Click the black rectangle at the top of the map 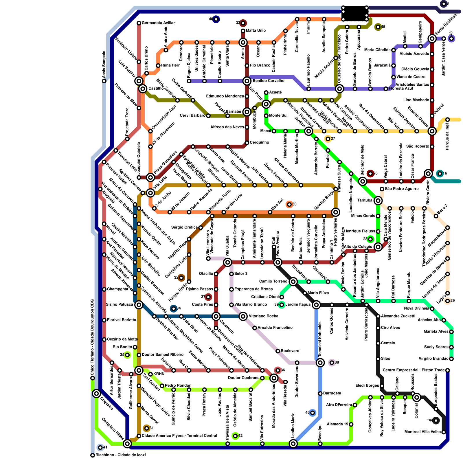355,13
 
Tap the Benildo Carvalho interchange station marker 247,81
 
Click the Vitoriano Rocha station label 263,316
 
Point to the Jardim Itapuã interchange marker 316,305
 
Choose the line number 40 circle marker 216,19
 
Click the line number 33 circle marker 243,23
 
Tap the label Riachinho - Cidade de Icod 120,455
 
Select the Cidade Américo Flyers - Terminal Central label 179,436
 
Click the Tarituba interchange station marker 378,201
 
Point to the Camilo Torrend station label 273,281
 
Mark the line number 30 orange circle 289,205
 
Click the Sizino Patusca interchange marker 139,305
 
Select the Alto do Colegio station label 358,247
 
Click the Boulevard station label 290,351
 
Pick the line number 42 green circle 235,436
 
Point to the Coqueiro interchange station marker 96,394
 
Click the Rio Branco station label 260,65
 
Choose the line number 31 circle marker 147,428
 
